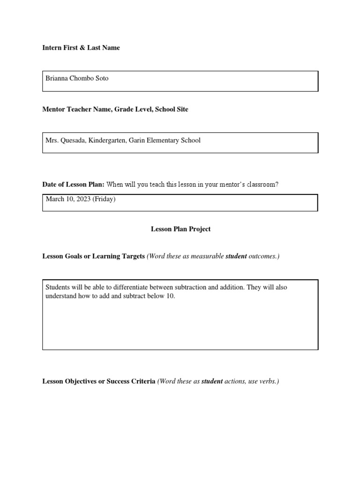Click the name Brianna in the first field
point(56,78)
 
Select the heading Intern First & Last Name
point(81,47)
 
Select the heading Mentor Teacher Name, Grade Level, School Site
point(115,109)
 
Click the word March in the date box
point(54,199)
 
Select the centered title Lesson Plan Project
point(180,229)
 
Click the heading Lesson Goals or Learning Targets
point(93,256)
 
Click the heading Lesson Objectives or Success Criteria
point(98,381)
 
